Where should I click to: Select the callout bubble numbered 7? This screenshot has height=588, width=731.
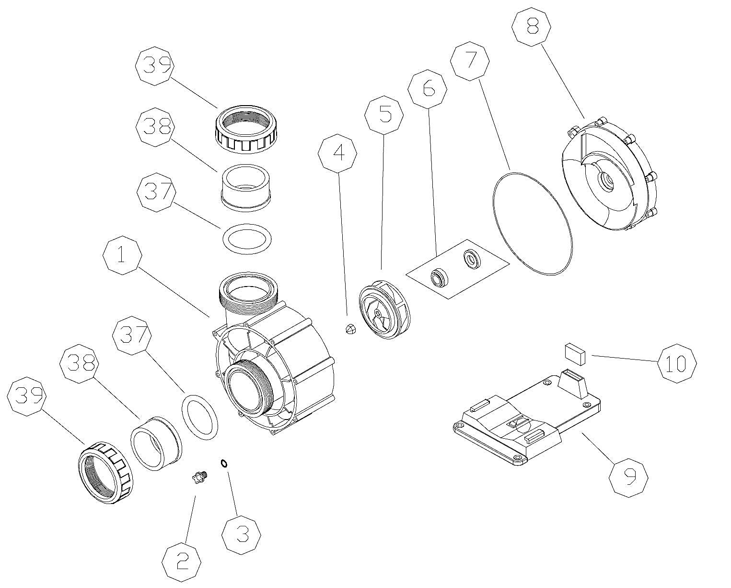click(470, 60)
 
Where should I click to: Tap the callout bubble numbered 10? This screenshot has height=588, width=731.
click(677, 363)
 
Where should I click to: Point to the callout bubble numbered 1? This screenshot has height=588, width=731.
click(123, 255)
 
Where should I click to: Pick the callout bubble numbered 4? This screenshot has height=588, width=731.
click(338, 152)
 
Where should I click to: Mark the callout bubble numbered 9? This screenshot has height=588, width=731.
click(628, 477)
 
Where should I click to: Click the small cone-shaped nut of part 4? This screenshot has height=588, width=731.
click(350, 329)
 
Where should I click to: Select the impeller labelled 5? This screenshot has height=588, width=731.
click(385, 311)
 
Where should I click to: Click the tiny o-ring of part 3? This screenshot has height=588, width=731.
click(224, 463)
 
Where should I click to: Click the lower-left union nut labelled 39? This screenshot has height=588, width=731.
click(104, 471)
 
